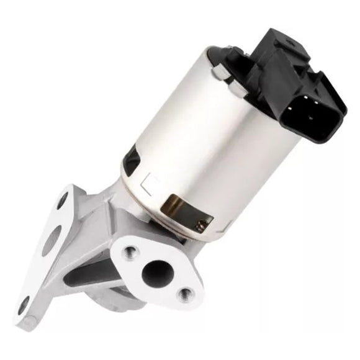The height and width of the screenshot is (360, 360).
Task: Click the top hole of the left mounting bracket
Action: pyautogui.click(x=63, y=200)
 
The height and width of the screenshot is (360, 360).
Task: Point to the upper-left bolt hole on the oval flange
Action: pyautogui.click(x=130, y=251)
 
